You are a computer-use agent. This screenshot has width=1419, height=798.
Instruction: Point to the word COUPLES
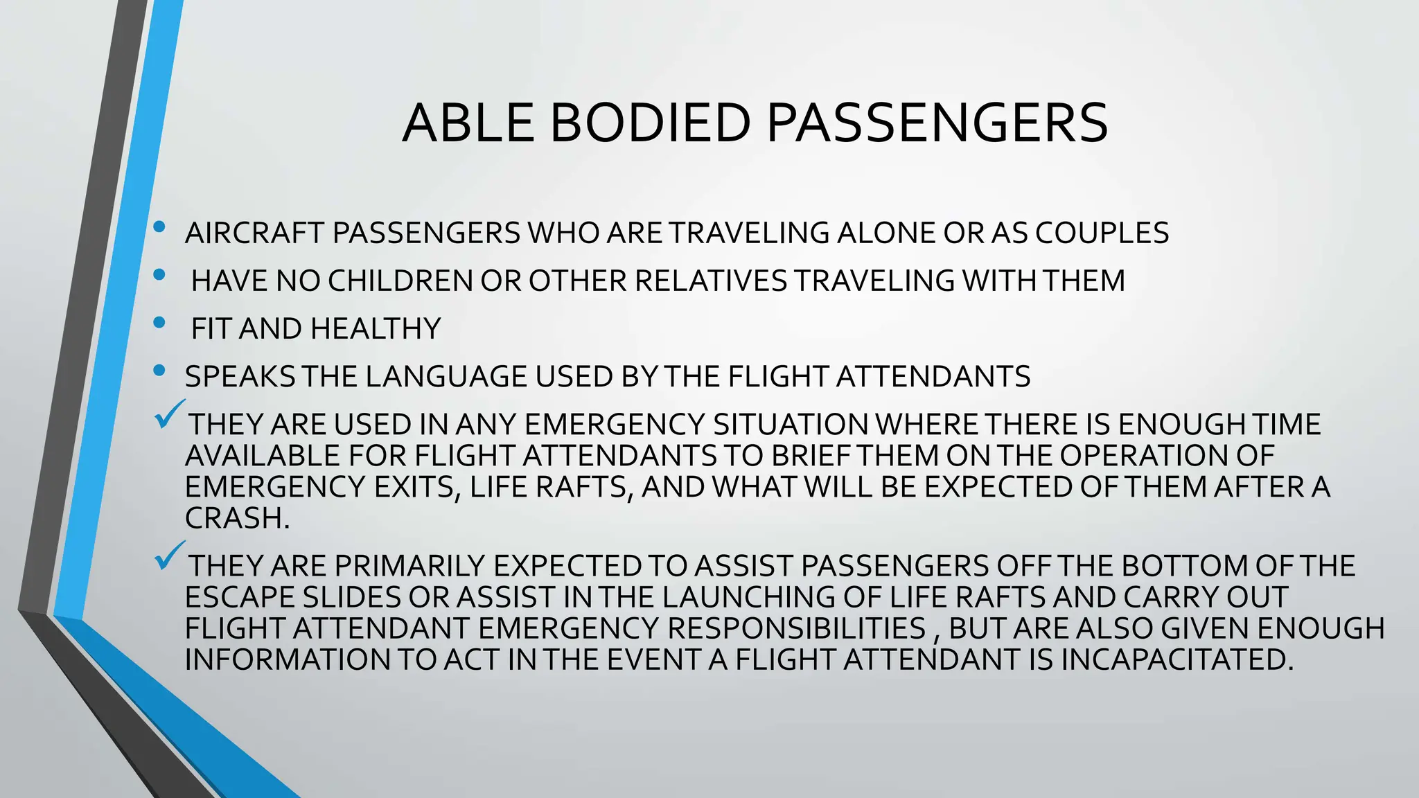(x=1102, y=233)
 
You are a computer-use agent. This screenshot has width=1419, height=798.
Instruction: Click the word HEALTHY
(x=376, y=329)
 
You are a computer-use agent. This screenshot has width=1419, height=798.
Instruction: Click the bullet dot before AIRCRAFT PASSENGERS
(x=160, y=227)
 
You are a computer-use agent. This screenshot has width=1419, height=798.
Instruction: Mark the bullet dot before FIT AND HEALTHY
(x=160, y=322)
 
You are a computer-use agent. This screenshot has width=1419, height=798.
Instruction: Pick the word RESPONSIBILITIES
(x=796, y=629)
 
